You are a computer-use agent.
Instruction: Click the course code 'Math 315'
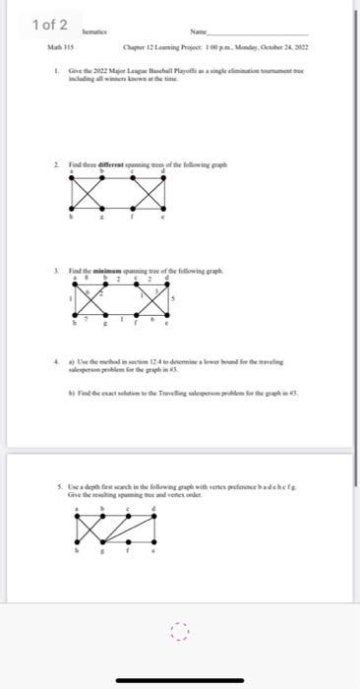pyautogui.click(x=61, y=47)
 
